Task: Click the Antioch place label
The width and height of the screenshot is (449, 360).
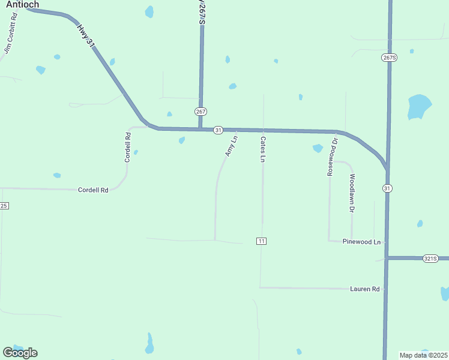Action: point(23,5)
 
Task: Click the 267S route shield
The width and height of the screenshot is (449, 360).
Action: point(389,58)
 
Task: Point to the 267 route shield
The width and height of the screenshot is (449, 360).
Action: point(200,112)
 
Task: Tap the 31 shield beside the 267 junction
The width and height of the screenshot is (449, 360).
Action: point(218,130)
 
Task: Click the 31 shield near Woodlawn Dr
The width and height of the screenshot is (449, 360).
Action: point(387,188)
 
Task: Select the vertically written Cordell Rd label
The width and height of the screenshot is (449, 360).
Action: point(128,148)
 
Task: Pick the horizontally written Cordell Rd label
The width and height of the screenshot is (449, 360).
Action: point(93,190)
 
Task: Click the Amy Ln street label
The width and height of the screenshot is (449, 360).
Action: point(231,146)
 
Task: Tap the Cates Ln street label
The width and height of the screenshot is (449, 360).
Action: point(262,149)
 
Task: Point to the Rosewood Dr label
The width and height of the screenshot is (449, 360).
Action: point(332,157)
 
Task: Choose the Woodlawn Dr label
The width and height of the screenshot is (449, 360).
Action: point(352,193)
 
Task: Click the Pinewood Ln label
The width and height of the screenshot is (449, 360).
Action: point(361,242)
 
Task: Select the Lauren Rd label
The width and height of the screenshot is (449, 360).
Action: point(365,289)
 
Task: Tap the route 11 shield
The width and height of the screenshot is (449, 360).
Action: point(261,241)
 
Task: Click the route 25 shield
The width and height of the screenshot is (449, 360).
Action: point(4,206)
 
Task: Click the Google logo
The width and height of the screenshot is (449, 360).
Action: point(20,352)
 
